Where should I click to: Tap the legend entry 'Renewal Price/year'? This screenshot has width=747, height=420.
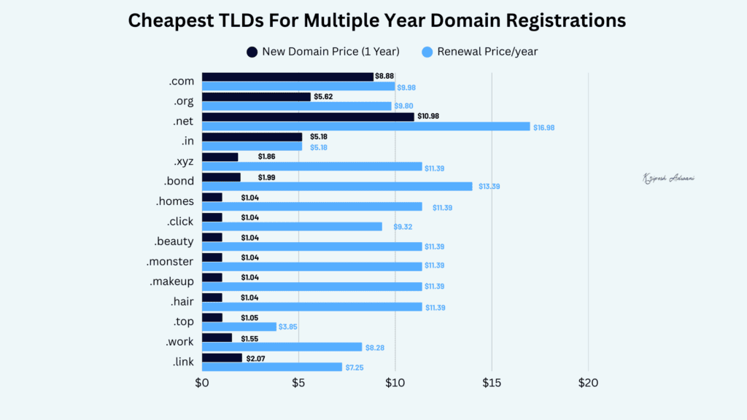487,52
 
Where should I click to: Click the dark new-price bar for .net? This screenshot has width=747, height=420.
307,117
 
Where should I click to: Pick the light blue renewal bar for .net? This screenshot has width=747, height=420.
365,126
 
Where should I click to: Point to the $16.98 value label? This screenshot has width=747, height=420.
544,128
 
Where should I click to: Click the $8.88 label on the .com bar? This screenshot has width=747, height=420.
384,76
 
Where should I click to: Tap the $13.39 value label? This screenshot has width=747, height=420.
489,187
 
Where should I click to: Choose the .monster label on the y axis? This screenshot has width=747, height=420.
169,261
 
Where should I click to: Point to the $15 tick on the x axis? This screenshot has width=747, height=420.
492,382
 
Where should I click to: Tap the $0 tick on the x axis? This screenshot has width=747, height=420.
202,382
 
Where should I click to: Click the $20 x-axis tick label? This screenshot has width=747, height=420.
588,382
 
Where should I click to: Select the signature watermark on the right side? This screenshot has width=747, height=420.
667,177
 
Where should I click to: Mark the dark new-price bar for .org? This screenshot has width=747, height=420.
256,96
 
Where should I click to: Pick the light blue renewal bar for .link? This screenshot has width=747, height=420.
271,367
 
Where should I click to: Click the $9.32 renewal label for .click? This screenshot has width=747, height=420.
403,227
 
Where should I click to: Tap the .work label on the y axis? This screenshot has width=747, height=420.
178,341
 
